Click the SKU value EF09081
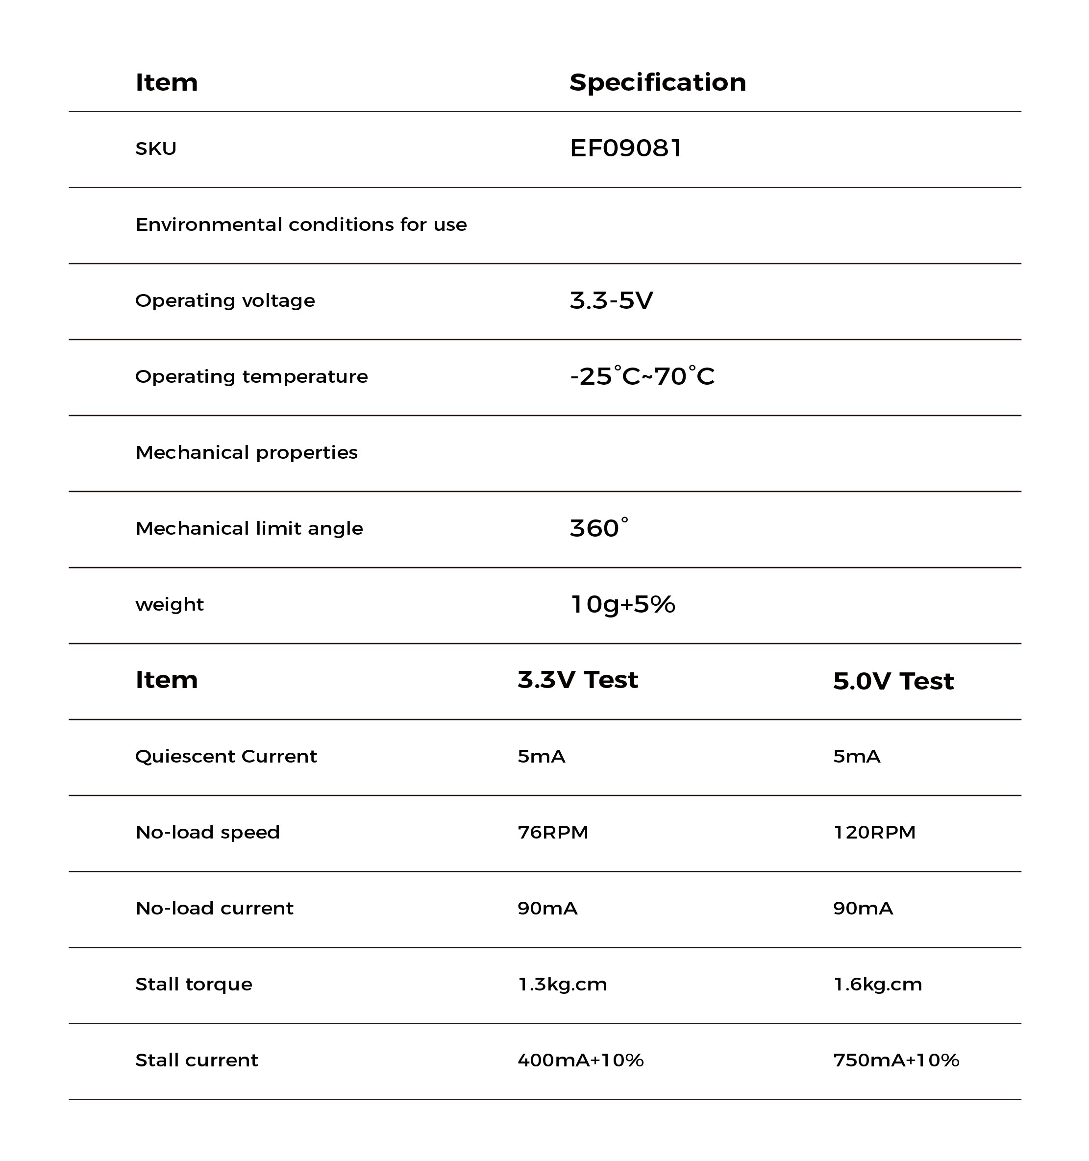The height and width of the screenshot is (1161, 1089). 625,148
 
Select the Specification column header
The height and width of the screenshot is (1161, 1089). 658,82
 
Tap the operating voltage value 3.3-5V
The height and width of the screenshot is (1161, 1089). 611,301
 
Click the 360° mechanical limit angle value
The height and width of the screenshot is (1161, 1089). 598,528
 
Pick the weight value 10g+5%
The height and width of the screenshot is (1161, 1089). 622,604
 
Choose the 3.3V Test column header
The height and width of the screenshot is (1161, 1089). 577,680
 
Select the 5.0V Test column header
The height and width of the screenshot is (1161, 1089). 893,681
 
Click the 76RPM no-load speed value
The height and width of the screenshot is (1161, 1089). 552,832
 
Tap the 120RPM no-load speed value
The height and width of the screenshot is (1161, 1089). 874,832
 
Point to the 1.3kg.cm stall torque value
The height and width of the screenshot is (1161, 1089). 562,984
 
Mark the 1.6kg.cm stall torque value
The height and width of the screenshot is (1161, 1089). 878,984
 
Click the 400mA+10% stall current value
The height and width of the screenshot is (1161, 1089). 580,1060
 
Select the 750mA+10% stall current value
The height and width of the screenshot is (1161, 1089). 896,1060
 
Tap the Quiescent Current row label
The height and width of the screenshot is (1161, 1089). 226,756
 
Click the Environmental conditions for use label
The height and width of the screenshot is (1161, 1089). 301,225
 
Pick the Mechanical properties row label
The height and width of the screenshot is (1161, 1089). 247,453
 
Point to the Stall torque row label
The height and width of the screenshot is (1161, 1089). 194,984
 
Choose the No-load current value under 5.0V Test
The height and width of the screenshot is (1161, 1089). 863,908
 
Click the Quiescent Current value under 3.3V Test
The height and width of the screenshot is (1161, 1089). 541,756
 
